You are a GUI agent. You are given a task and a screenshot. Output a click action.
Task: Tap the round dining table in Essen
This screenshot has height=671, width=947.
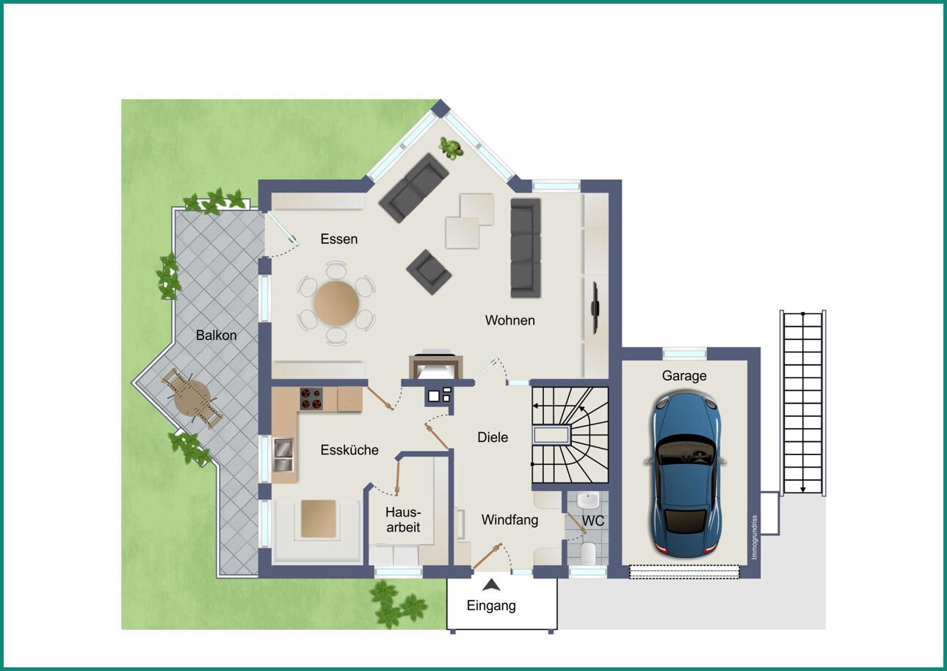pos(336,303)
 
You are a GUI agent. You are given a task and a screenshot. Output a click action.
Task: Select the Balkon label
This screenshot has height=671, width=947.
pos(216,335)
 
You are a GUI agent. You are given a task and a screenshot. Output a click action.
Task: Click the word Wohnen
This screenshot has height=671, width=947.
pos(510,320)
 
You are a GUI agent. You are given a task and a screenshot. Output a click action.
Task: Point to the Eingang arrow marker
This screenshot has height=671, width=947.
pos(491,585)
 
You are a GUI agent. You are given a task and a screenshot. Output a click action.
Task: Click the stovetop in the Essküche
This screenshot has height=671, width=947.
pos(311,399)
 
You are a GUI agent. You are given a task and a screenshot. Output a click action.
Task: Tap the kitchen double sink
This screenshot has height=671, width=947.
pos(283,454)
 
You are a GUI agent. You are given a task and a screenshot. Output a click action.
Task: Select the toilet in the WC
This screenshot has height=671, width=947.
pos(588,553)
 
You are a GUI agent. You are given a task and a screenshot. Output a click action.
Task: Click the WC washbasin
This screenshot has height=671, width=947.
pos(589,500)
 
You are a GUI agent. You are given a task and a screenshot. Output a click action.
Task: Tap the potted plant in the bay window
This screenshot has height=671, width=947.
pos(451,148)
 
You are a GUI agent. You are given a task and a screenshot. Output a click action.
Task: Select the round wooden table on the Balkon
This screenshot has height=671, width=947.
pos(192,399)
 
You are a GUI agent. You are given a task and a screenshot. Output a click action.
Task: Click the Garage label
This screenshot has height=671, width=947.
pos(684,375)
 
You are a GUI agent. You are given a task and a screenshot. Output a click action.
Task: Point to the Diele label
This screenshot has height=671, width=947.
pos(493,437)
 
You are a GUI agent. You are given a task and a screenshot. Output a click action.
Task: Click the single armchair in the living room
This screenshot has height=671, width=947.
pos(429,272)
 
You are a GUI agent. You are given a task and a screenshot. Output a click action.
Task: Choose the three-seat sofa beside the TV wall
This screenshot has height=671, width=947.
pos(526,248)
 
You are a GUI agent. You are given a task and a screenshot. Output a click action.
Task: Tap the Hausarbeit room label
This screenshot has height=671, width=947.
pos(403,520)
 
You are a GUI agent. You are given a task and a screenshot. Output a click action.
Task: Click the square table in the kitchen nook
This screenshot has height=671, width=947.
pos(319,519)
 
